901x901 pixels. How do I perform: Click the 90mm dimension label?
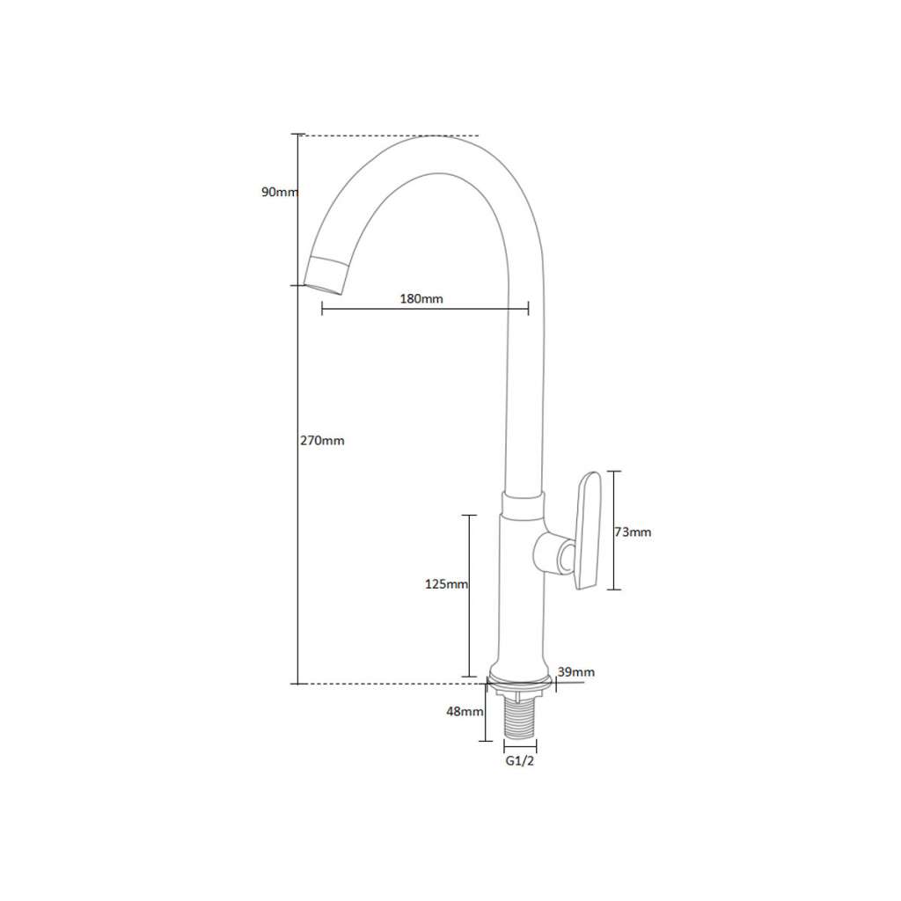coord(280,192)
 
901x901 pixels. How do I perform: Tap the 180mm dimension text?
coord(421,299)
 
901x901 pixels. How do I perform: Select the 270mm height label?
coord(322,441)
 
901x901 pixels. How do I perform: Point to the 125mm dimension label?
coord(446,584)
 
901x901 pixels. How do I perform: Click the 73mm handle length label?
coord(634,532)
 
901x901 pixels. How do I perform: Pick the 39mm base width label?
coord(576,672)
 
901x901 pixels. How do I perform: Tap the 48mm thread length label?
coord(465,711)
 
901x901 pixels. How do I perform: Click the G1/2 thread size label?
coord(520,761)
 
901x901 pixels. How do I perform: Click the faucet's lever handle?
coord(587,531)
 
